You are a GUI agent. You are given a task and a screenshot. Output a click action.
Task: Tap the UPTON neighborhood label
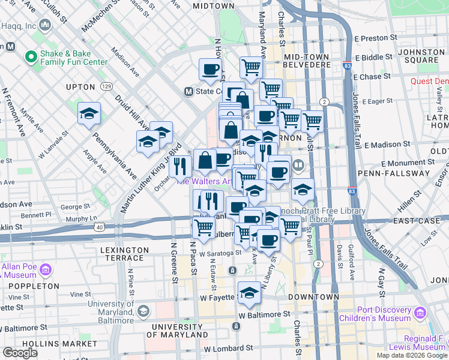point(80,87)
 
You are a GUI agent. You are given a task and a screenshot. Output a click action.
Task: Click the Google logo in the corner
point(20,353)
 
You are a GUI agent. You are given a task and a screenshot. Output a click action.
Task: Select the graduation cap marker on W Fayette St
point(249,293)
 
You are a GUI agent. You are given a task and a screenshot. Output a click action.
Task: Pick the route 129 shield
point(107,86)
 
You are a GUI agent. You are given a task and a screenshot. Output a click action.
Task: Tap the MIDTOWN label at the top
point(213,5)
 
